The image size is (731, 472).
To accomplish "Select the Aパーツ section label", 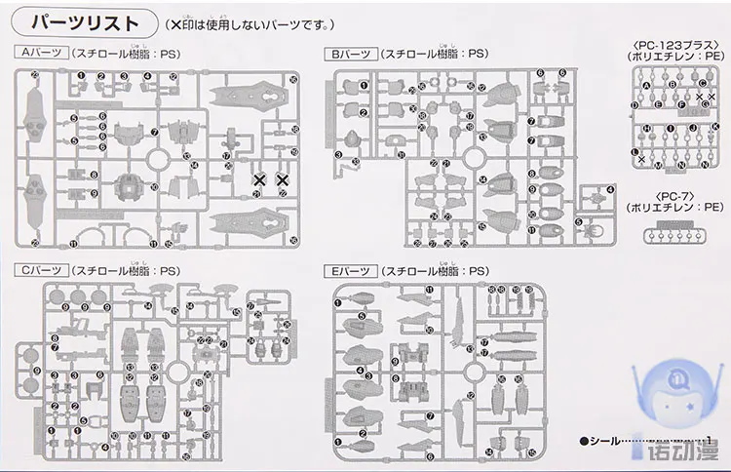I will (38, 54).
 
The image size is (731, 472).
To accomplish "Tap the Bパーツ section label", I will (350, 54).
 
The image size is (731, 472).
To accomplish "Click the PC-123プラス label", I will (677, 45).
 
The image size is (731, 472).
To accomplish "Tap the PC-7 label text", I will (677, 196).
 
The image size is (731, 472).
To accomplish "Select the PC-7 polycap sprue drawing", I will (677, 234).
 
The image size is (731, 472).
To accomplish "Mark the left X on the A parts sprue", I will (259, 180).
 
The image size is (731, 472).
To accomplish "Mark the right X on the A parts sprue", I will (283, 180).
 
